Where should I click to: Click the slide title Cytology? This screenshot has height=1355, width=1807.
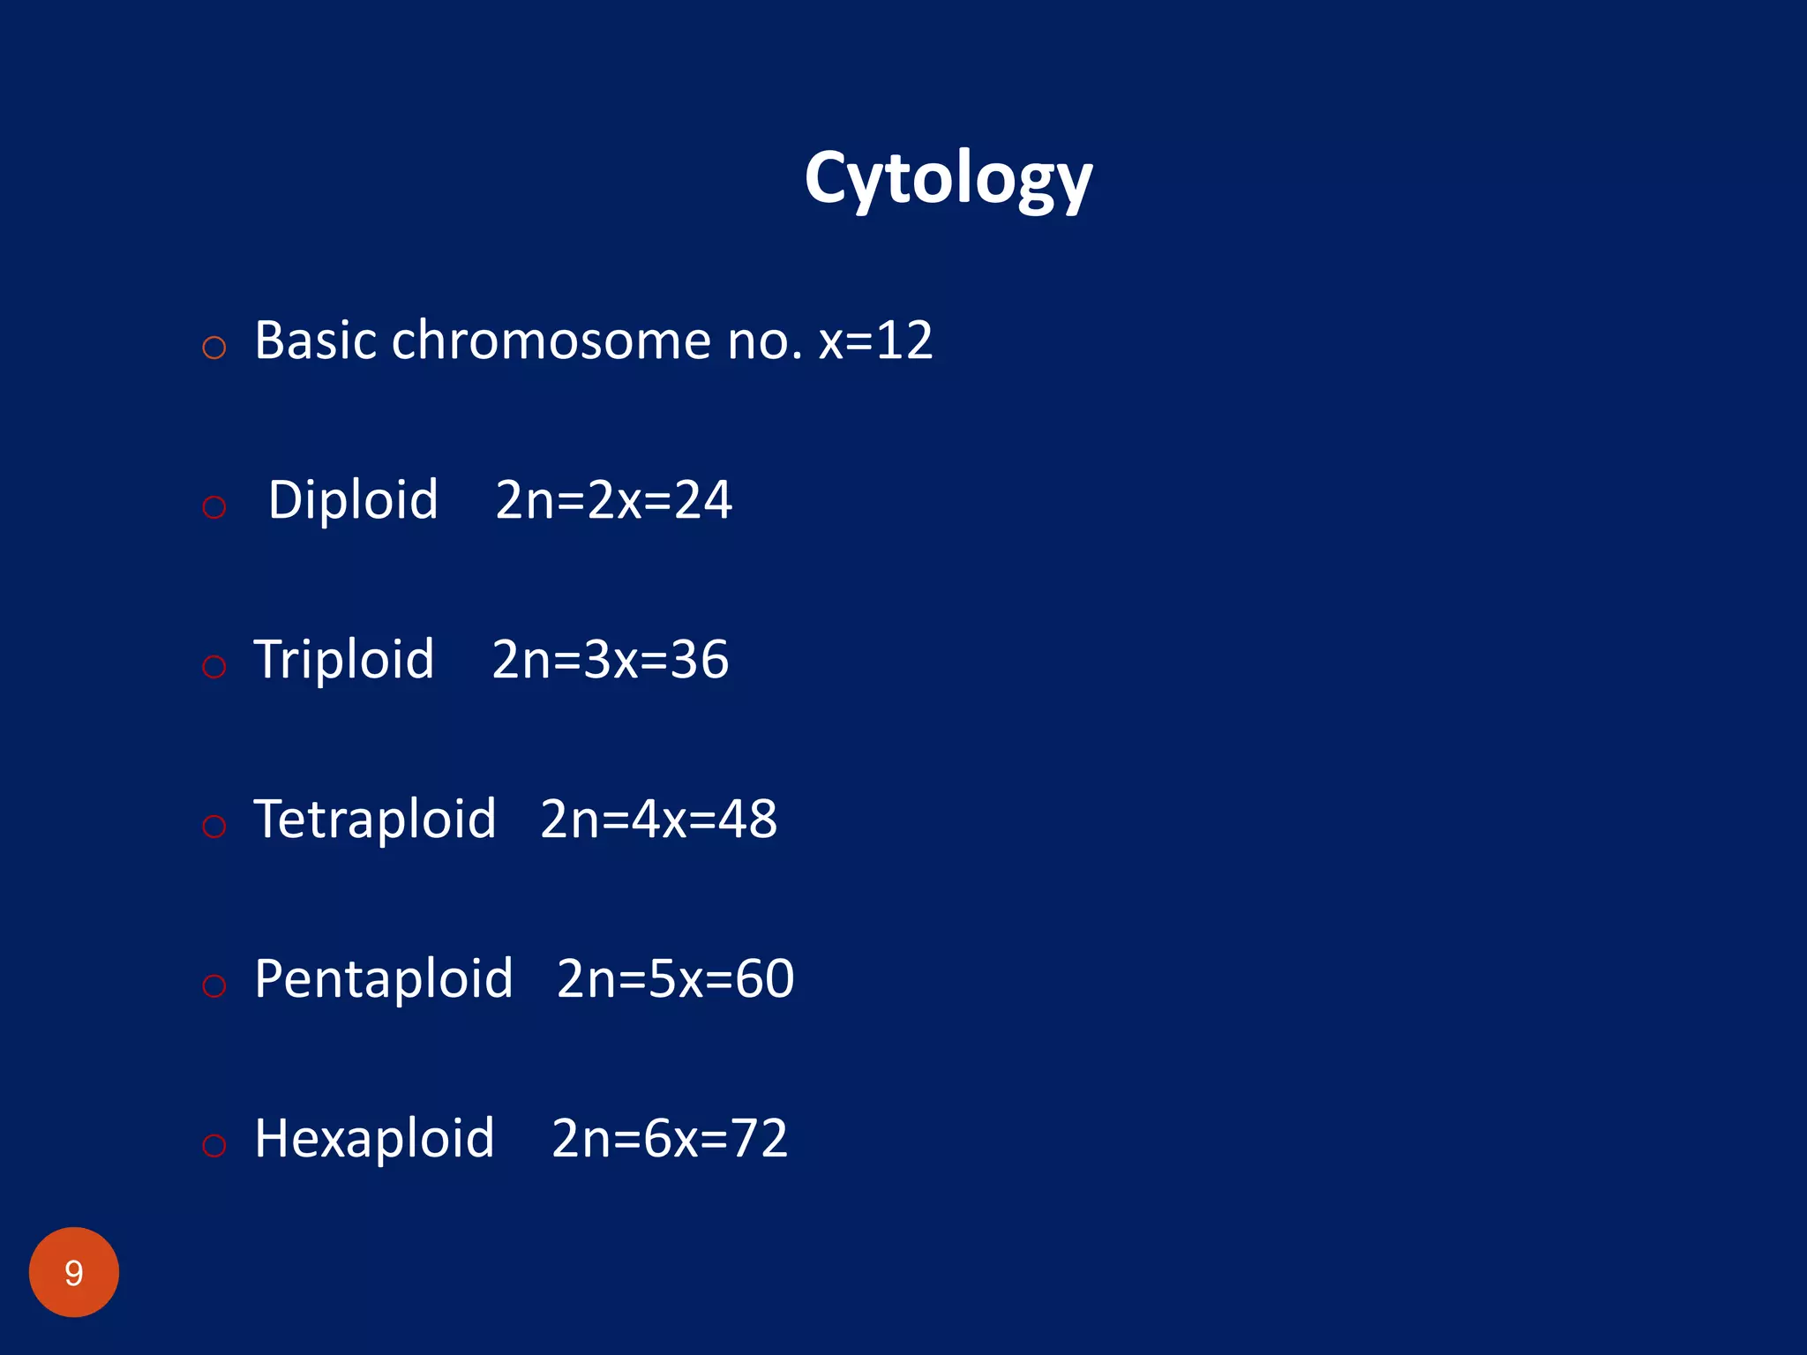tap(948, 179)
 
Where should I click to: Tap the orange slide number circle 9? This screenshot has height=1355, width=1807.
tap(74, 1272)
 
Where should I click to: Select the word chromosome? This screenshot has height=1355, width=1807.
tap(551, 341)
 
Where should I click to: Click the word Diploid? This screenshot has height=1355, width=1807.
tap(353, 500)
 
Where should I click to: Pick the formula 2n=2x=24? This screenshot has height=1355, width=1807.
tap(613, 500)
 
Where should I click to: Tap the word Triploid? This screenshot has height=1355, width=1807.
tap(344, 660)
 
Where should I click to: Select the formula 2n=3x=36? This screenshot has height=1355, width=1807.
tap(610, 660)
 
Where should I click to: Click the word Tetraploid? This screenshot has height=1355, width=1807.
tap(375, 820)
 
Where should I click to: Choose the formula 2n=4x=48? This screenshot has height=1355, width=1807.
tap(658, 820)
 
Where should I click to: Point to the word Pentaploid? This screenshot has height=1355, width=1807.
tap(384, 979)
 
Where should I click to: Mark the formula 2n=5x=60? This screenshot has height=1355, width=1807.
tap(675, 979)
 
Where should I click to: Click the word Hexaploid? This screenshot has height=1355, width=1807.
tap(374, 1139)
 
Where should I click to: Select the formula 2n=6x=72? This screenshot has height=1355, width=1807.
tap(669, 1139)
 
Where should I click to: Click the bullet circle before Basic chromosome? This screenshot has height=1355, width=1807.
tap(214, 348)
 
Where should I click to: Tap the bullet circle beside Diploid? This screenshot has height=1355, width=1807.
tap(214, 507)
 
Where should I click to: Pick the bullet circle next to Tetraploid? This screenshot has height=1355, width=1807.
tap(214, 827)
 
